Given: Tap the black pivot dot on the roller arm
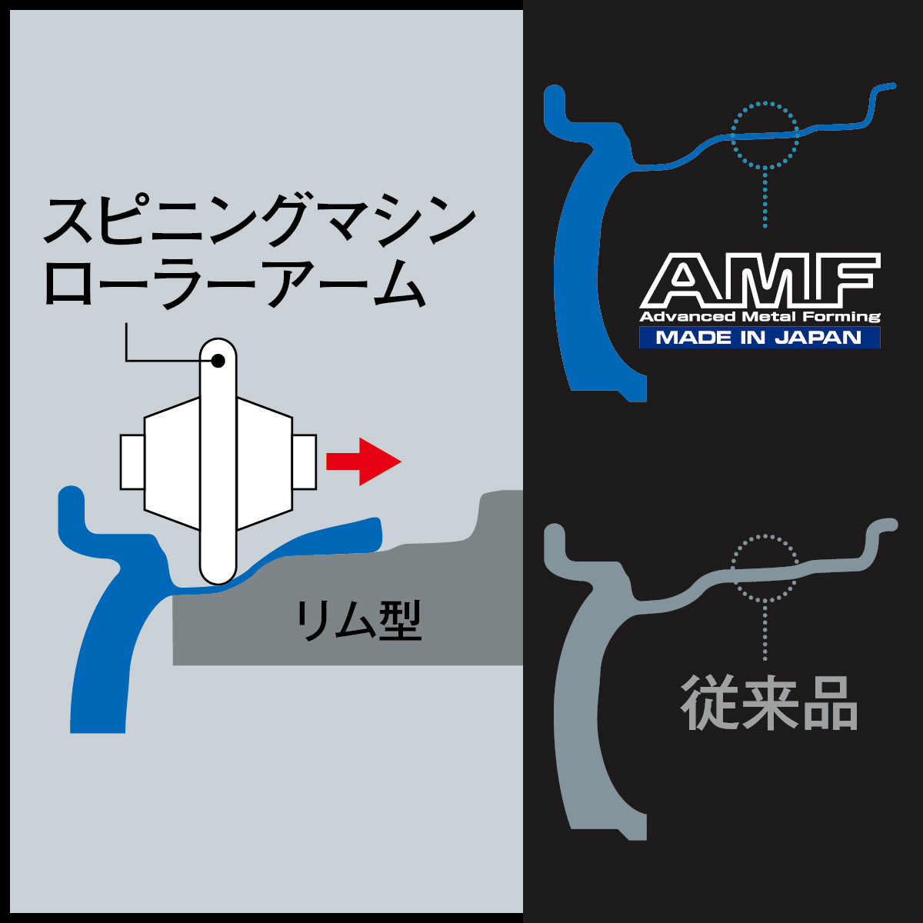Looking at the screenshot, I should (x=218, y=360).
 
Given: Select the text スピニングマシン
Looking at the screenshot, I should (x=258, y=222).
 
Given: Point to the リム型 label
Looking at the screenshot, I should (x=359, y=621).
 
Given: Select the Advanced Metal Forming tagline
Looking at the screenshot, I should (x=760, y=317).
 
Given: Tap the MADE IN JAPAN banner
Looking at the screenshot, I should (x=759, y=337).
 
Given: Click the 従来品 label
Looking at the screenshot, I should (x=769, y=703).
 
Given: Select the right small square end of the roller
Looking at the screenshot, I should (x=305, y=461).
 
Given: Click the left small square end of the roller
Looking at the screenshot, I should (x=132, y=461).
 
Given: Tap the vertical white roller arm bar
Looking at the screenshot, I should (x=218, y=477).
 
